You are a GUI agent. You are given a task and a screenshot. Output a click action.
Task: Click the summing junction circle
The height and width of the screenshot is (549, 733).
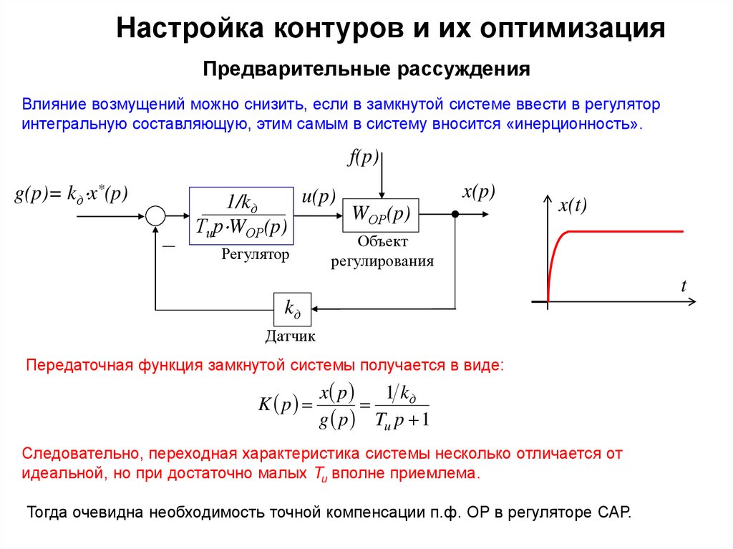(x=155, y=215)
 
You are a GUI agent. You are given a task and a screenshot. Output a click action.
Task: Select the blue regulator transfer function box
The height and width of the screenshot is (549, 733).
(x=241, y=216)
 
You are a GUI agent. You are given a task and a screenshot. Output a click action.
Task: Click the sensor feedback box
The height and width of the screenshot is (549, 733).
(x=292, y=309)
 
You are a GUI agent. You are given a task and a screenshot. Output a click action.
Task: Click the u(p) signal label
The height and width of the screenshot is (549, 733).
(x=318, y=198)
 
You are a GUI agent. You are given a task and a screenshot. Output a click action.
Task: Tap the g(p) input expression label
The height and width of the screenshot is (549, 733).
(x=71, y=194)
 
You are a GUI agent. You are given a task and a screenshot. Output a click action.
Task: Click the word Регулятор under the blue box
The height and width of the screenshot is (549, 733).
(x=255, y=254)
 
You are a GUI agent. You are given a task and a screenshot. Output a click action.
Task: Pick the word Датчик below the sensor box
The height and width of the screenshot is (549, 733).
(x=290, y=336)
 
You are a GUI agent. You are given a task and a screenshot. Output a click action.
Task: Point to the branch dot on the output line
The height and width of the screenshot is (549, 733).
(x=455, y=214)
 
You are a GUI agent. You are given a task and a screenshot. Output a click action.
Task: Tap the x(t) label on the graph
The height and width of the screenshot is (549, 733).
(x=572, y=206)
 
